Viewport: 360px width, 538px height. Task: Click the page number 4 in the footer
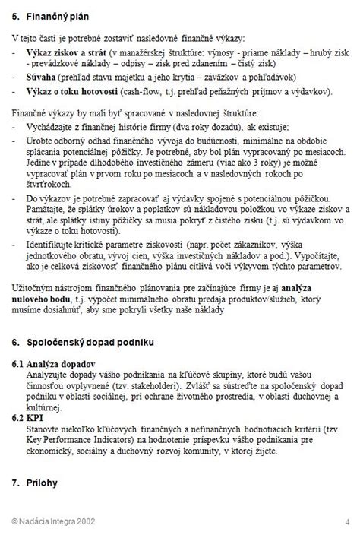click(346, 520)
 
